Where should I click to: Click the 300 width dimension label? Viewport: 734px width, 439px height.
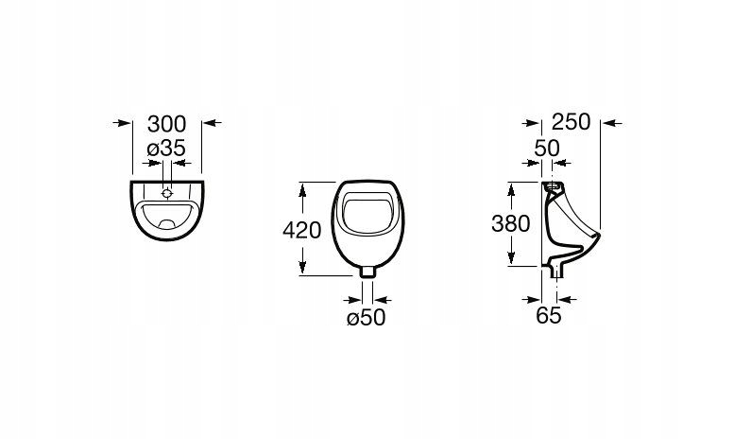[x=167, y=123]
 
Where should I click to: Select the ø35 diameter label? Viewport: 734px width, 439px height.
[x=166, y=148]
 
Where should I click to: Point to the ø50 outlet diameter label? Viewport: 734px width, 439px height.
[x=367, y=319]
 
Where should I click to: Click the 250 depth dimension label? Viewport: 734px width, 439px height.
[x=572, y=122]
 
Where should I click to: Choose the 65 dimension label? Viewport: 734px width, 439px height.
[x=549, y=316]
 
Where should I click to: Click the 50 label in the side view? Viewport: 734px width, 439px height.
[x=548, y=148]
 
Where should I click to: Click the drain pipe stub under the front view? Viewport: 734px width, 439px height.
[x=367, y=271]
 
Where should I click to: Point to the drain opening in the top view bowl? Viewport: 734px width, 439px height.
[x=166, y=225]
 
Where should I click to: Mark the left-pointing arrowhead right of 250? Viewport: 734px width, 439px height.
[x=608, y=122]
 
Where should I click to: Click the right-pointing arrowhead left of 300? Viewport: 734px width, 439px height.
[x=124, y=122]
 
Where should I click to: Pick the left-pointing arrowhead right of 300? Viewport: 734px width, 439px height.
[x=210, y=122]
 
